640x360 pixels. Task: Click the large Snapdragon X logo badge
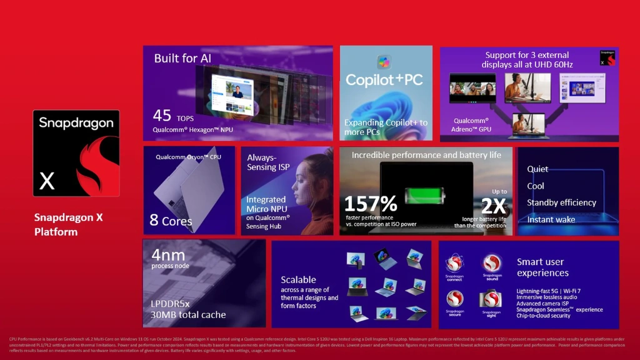[x=76, y=153]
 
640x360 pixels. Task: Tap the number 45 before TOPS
[x=162, y=116]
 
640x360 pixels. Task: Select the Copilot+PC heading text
[x=384, y=80]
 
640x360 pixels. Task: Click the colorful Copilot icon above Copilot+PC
[x=384, y=61]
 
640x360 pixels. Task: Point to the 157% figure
[x=371, y=203]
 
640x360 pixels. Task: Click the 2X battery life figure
[x=493, y=206]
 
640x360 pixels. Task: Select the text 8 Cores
[x=171, y=221]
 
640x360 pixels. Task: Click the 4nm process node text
[x=167, y=255]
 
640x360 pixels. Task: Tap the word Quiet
[x=537, y=169]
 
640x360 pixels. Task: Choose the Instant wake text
[x=551, y=219]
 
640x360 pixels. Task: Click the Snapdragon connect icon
[x=454, y=264]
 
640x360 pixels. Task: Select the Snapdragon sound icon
[x=492, y=263]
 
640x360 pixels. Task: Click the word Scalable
[x=298, y=279]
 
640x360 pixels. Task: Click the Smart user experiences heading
[x=542, y=267]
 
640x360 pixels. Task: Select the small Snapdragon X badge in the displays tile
[x=607, y=58]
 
